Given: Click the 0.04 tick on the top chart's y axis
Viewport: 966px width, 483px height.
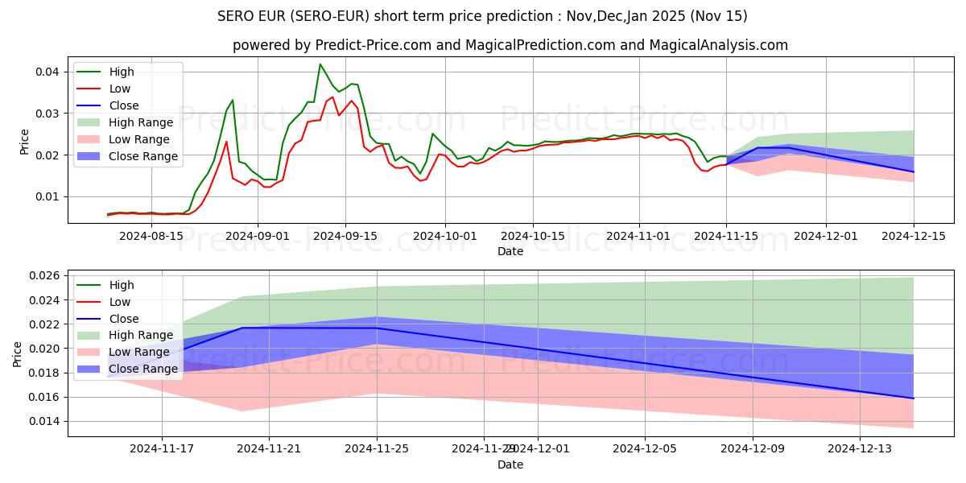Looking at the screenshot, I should click(x=47, y=72).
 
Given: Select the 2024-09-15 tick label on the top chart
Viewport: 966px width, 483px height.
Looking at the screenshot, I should click(x=345, y=236).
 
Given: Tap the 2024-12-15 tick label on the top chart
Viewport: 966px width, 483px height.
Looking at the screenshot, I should click(x=913, y=236).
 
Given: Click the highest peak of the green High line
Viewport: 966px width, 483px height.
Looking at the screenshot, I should click(x=320, y=64).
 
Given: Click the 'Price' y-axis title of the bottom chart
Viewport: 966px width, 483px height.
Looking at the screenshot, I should click(x=17, y=353).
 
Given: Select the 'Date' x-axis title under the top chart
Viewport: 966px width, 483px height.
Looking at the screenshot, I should click(x=510, y=251).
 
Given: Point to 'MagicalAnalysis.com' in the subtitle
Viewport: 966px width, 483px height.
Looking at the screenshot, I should click(x=722, y=45).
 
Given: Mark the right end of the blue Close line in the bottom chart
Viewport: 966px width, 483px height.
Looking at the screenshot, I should click(x=913, y=398).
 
